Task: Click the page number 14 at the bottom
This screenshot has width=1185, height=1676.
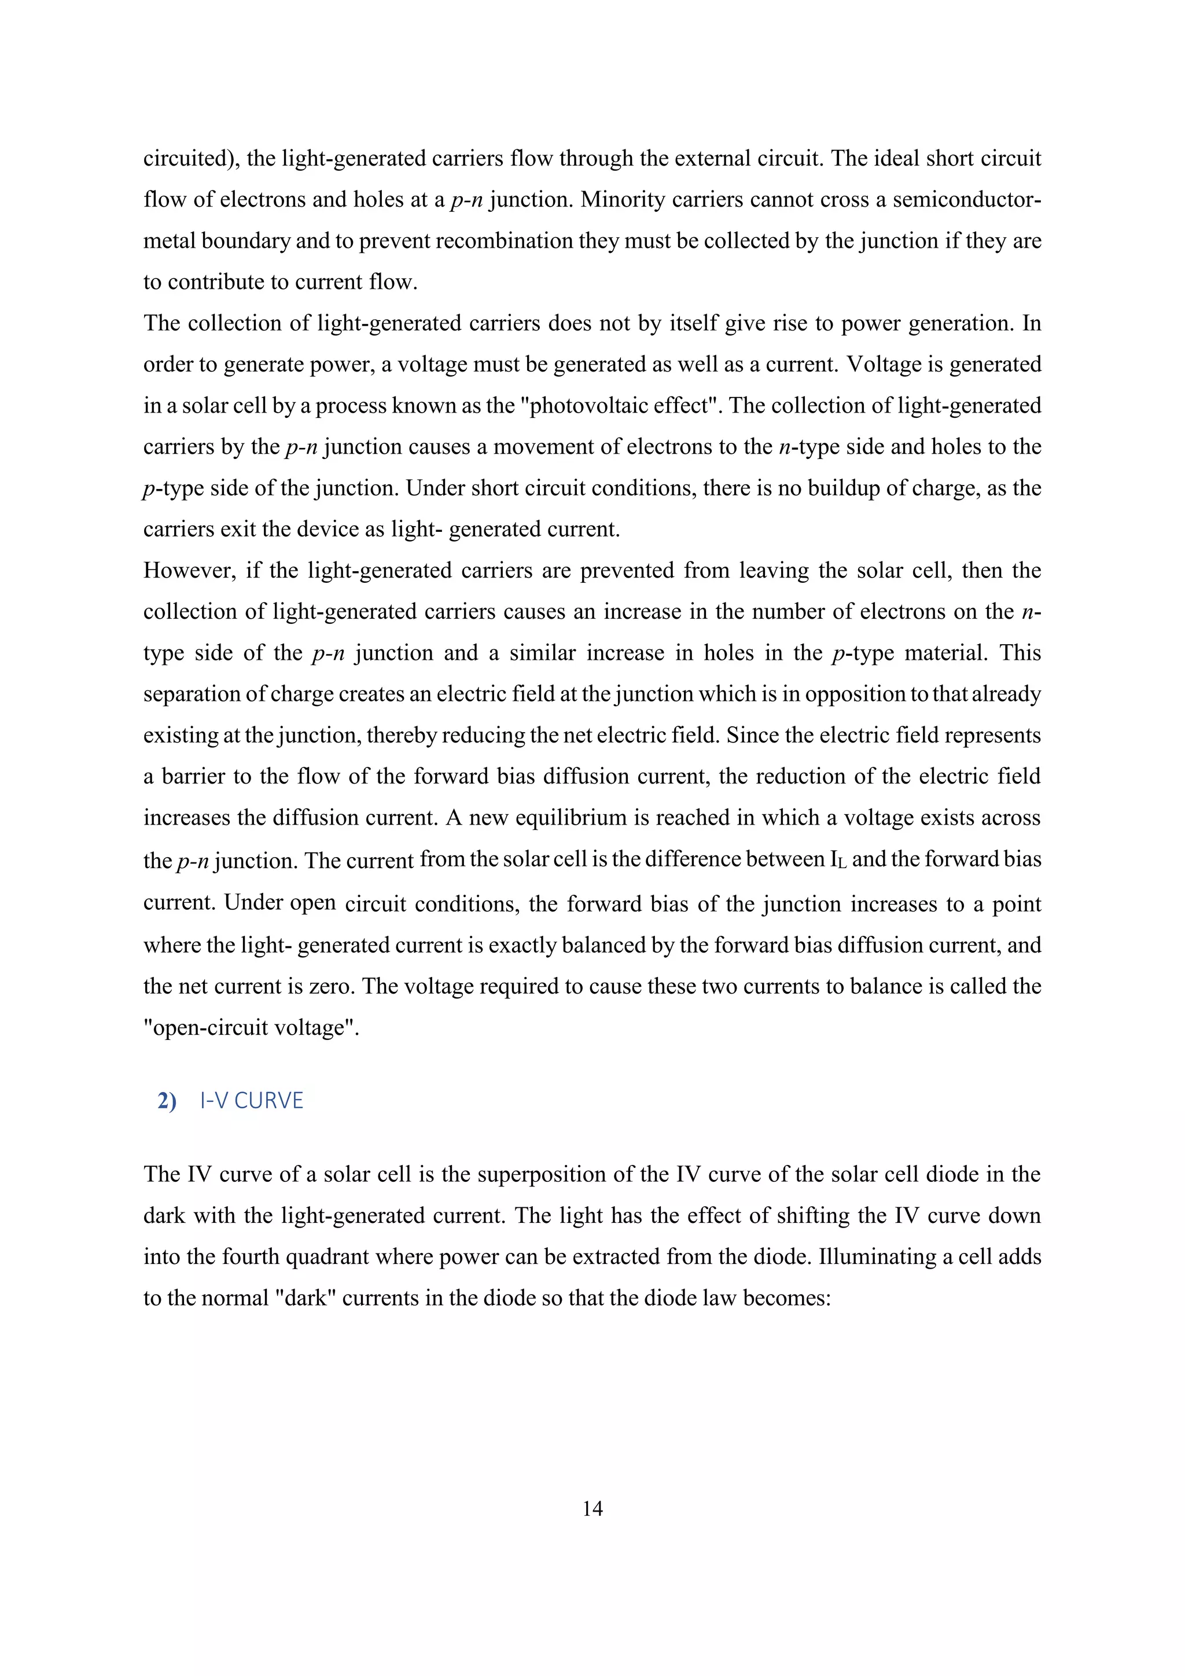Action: pyautogui.click(x=592, y=1508)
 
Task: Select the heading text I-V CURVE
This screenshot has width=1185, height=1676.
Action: pyautogui.click(x=251, y=1100)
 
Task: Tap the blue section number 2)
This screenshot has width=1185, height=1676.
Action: pyautogui.click(x=167, y=1101)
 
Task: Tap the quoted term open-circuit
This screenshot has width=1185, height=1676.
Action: pyautogui.click(x=219, y=1028)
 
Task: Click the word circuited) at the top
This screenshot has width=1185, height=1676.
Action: pyautogui.click(x=191, y=159)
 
